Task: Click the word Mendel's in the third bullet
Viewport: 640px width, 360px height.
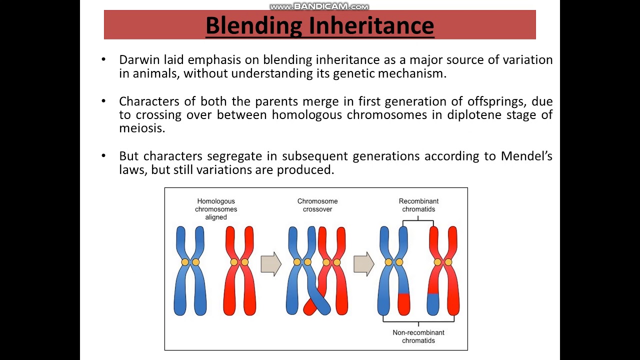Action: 526,156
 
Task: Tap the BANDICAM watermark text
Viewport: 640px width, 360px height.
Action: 319,6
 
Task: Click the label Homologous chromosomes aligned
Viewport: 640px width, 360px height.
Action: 216,209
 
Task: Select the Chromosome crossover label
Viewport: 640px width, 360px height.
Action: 317,205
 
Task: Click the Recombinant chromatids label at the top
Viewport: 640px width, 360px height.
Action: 418,205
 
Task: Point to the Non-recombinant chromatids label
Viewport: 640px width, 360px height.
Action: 418,336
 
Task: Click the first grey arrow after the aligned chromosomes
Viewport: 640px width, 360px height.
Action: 271,263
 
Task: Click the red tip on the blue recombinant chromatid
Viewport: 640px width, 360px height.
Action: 404,303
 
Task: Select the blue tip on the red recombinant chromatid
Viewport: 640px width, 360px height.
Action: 433,303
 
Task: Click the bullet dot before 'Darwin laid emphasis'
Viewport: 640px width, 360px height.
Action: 104,59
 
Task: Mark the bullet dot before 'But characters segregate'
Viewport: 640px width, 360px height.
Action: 104,156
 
